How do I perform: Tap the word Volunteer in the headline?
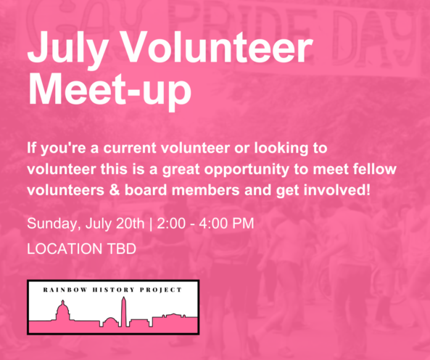216,47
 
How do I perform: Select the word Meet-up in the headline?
109,91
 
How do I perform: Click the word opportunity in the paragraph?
247,170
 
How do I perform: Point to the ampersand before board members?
115,190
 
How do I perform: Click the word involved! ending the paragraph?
336,190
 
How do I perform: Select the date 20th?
130,223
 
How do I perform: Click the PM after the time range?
243,224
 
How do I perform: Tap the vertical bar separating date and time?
151,224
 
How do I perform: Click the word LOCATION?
65,249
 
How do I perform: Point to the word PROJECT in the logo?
161,290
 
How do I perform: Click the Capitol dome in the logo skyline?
63,311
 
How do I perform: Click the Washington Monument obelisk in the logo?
124,311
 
